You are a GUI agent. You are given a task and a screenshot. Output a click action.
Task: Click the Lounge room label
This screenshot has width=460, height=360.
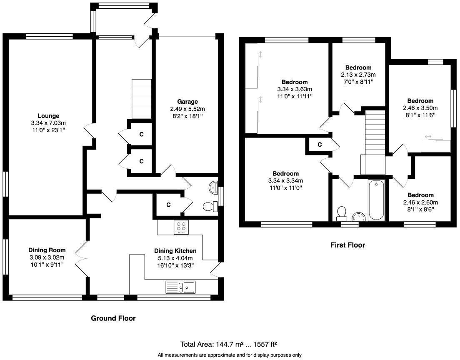(x=49, y=116)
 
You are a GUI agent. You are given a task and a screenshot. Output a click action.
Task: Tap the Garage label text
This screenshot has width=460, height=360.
(x=187, y=101)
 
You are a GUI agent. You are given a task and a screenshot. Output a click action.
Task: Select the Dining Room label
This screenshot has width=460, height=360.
(x=47, y=250)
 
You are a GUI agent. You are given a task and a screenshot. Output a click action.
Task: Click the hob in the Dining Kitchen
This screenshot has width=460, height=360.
(x=181, y=227)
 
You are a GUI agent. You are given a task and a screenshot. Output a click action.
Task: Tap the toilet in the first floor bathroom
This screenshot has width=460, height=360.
(x=342, y=212)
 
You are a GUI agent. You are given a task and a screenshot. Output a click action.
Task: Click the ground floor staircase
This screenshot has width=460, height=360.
(x=141, y=99)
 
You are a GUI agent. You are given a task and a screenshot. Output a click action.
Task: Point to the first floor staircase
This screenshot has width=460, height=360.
(x=374, y=133)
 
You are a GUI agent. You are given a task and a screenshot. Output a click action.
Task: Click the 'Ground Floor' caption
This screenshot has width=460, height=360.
(x=113, y=318)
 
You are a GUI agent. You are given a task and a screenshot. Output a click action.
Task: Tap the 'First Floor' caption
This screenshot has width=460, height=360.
(x=347, y=245)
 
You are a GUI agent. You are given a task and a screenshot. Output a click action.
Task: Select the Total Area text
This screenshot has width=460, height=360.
(x=229, y=344)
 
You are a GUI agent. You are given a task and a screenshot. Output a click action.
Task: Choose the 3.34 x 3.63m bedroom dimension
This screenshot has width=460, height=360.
(x=295, y=89)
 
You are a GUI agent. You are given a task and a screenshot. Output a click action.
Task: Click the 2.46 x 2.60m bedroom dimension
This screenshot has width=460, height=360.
(x=420, y=202)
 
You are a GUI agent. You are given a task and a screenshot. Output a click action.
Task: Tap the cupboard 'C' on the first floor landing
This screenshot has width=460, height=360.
(x=320, y=145)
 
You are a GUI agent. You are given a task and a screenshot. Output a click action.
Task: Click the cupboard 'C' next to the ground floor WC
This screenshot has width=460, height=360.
(x=168, y=205)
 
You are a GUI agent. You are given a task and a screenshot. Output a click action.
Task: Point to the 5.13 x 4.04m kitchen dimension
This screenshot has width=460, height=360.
(x=175, y=258)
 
